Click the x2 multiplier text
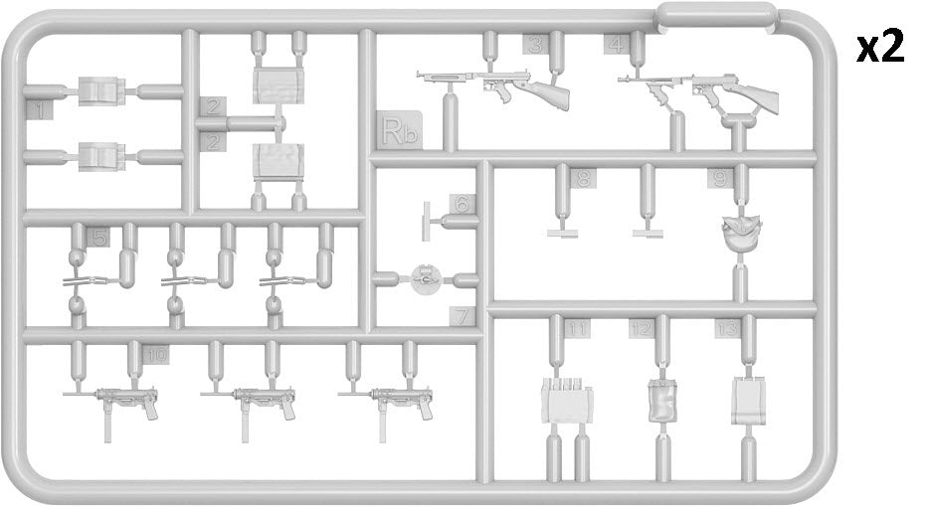[881, 47]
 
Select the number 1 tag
[39, 109]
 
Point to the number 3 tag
[535, 44]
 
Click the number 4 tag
[617, 44]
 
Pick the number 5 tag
[97, 237]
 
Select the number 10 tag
[156, 354]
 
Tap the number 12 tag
[643, 328]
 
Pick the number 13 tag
[727, 328]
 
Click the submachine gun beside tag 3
[497, 85]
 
